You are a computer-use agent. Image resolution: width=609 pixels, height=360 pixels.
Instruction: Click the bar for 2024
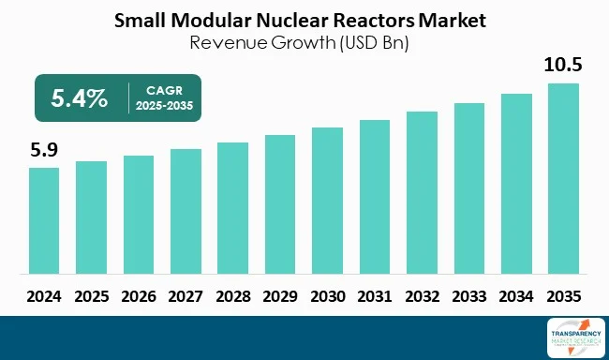[44, 221]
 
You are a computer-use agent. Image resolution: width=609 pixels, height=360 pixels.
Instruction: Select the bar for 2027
[186, 212]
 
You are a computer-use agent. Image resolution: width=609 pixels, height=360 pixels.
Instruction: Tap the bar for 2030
[327, 201]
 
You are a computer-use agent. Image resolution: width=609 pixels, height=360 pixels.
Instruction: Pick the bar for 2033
[469, 188]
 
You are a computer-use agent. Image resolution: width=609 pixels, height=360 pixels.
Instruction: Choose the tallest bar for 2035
[563, 179]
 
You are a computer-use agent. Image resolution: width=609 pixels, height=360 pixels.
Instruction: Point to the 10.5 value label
[564, 66]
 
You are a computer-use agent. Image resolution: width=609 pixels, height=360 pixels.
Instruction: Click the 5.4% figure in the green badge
[79, 98]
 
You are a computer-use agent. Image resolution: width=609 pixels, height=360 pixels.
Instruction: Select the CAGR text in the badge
[161, 90]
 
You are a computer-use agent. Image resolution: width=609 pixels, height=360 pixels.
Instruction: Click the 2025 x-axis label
[91, 295]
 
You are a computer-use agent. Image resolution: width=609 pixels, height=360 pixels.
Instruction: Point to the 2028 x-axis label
[232, 295]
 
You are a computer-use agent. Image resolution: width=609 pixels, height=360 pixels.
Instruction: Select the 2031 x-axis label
[375, 295]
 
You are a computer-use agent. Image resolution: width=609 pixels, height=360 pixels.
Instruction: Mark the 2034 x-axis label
[516, 295]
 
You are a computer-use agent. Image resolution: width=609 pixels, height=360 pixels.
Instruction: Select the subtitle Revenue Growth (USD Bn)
[303, 41]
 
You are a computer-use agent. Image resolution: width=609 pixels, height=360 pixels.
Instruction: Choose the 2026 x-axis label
[138, 295]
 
